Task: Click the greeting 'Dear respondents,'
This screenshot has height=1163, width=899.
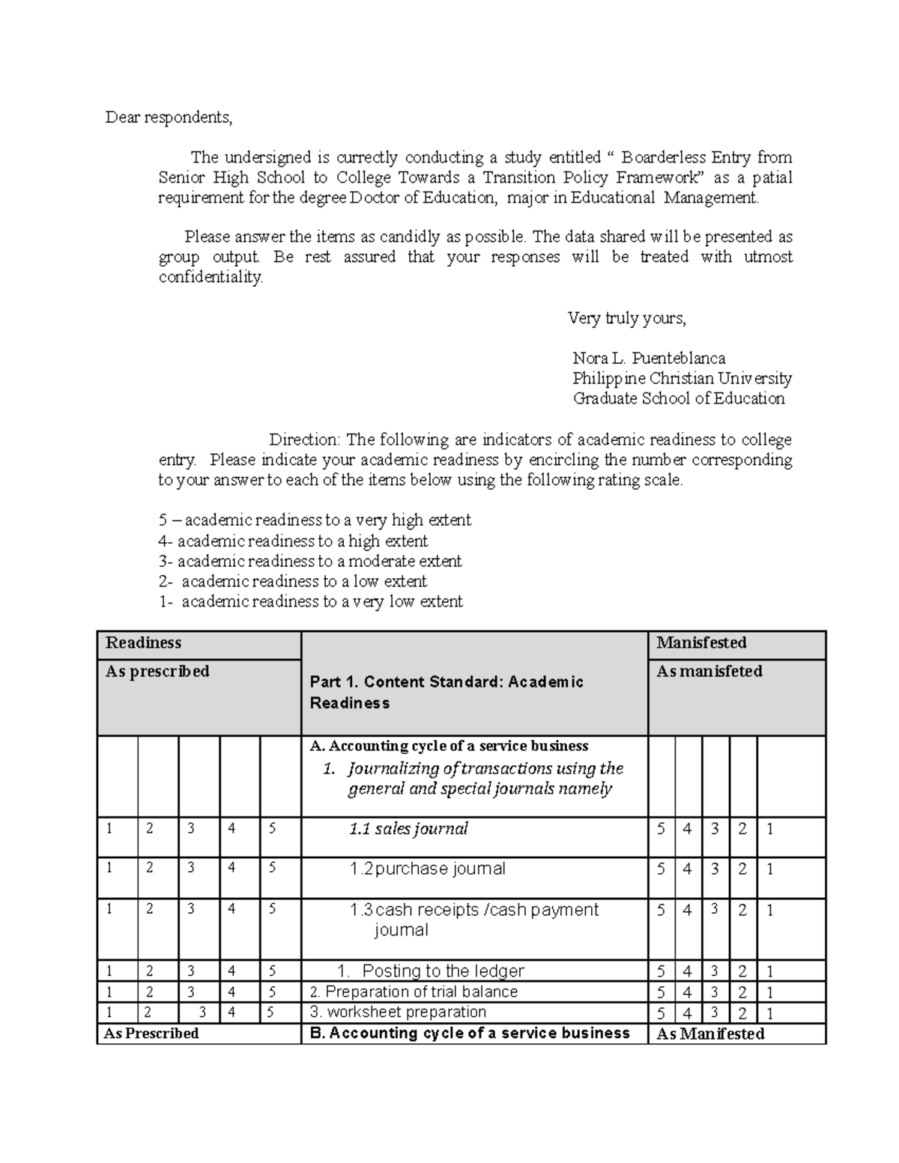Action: click(x=169, y=118)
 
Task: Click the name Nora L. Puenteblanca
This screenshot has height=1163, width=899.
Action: click(x=649, y=358)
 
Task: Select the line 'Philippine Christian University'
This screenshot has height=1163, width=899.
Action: click(x=682, y=378)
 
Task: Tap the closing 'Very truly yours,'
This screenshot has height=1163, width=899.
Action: click(x=626, y=318)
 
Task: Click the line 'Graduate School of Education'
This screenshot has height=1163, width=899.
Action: click(x=678, y=398)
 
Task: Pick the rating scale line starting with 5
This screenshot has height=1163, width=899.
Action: click(x=315, y=520)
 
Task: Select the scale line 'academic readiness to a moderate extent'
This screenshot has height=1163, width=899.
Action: click(x=310, y=561)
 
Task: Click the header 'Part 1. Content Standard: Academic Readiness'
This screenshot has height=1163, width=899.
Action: click(x=447, y=692)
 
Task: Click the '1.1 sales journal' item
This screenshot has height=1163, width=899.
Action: click(x=408, y=829)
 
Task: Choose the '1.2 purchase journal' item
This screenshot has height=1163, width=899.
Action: click(x=427, y=869)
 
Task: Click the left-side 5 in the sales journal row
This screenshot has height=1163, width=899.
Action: click(x=272, y=828)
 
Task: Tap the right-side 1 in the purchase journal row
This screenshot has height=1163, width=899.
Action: click(x=770, y=869)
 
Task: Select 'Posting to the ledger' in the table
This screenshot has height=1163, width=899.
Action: click(x=442, y=971)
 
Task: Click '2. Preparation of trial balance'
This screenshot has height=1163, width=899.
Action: click(x=414, y=992)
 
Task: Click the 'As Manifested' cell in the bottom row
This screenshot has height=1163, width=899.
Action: click(x=710, y=1034)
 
